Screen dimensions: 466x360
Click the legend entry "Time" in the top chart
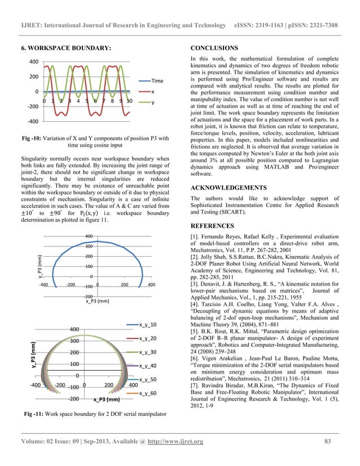pos(157,81)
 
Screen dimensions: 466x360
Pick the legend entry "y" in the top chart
pos(153,103)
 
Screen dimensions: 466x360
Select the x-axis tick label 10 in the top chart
pos(129,101)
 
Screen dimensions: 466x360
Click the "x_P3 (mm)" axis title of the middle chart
pos(98,301)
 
